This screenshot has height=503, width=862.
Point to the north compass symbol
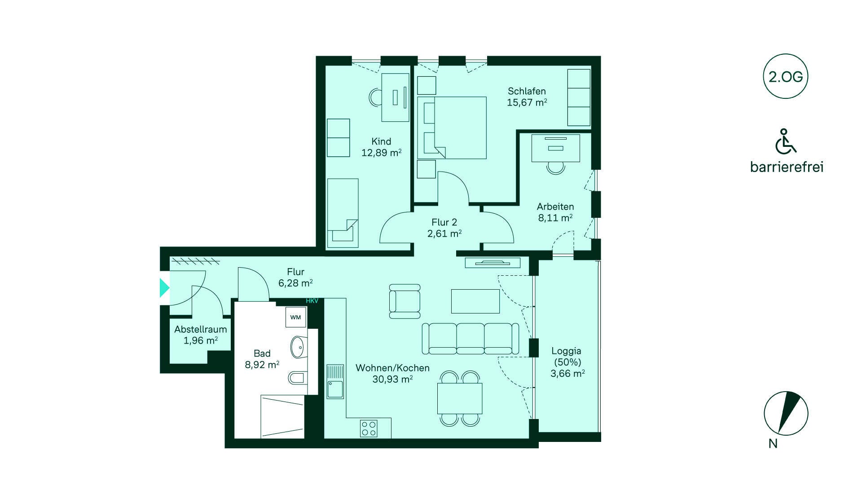(x=786, y=413)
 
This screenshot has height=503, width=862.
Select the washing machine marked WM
(x=295, y=317)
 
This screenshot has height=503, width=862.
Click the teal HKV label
(x=312, y=301)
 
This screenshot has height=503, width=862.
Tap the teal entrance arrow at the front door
(x=164, y=287)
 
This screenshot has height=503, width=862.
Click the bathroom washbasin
(x=299, y=347)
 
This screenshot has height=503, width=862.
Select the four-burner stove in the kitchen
(x=369, y=428)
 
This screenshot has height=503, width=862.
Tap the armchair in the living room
(x=405, y=301)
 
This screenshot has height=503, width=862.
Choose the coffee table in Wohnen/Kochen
(x=475, y=301)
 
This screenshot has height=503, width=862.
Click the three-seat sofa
(x=471, y=338)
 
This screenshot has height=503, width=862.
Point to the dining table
(x=460, y=398)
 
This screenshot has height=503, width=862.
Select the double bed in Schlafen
(x=452, y=128)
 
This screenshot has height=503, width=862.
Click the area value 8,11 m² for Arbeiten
(x=555, y=218)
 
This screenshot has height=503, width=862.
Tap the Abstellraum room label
(x=201, y=329)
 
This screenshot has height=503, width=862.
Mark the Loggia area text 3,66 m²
(x=567, y=373)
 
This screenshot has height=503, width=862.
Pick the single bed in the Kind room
(x=343, y=213)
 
